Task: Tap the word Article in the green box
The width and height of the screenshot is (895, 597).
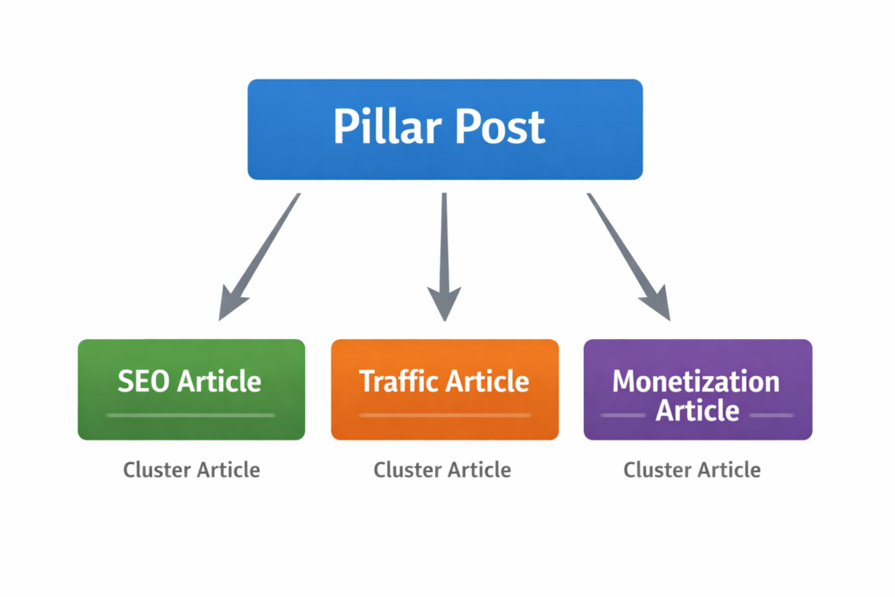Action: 219,381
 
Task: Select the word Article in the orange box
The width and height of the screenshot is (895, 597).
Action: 487,381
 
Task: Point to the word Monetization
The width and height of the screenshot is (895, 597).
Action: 696,381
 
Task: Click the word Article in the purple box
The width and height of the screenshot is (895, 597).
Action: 697,409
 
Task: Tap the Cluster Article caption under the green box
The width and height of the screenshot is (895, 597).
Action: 191,469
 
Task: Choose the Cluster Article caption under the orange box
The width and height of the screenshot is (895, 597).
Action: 442,469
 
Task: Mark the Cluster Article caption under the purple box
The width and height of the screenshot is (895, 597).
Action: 692,469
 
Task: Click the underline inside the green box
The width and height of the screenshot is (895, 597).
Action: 191,414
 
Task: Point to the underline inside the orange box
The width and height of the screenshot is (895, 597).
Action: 444,415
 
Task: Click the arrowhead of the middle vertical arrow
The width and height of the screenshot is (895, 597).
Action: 444,302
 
